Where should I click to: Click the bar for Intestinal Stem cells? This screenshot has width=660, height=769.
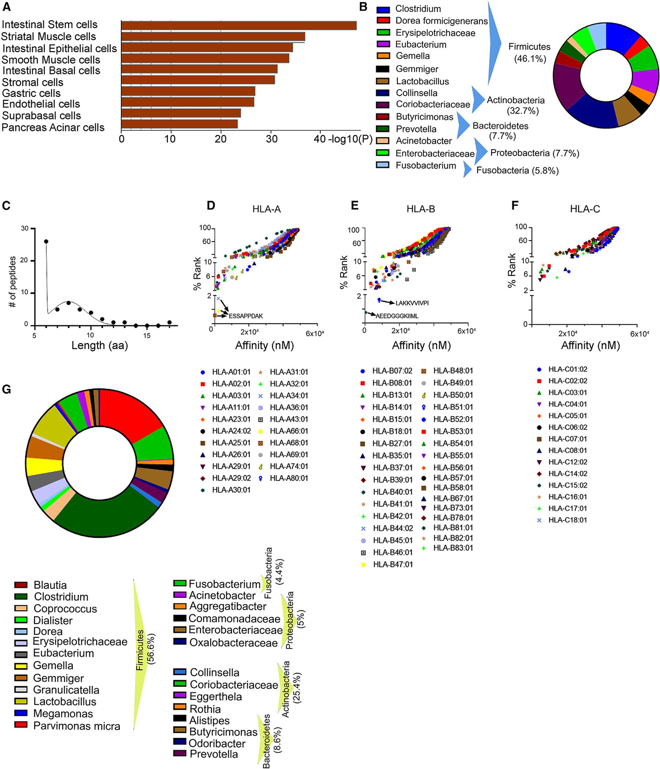click(239, 25)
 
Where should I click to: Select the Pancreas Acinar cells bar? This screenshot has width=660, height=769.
click(179, 124)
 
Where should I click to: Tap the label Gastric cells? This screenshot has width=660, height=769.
click(31, 93)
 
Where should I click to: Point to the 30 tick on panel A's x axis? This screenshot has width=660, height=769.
click(271, 139)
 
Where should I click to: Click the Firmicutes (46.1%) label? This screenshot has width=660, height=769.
click(529, 52)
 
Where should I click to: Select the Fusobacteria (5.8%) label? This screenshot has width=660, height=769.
click(518, 170)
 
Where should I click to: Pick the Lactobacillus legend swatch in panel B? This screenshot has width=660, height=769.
click(382, 81)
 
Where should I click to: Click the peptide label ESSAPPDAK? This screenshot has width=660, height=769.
click(246, 316)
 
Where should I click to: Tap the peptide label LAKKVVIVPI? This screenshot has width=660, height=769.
click(412, 303)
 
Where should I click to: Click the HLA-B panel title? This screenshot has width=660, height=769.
click(420, 209)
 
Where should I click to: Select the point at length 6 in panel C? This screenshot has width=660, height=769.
click(46, 241)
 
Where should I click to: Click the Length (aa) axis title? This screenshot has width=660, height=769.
click(100, 346)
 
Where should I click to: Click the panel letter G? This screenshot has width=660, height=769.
click(7, 390)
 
